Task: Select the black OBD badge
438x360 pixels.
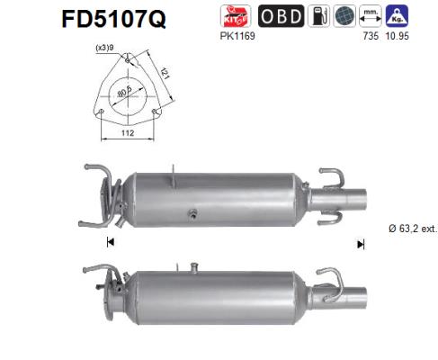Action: [x=282, y=16]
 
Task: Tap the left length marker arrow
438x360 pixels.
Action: [x=110, y=241]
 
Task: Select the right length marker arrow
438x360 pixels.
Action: [x=360, y=243]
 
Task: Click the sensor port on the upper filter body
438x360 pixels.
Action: [x=191, y=215]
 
